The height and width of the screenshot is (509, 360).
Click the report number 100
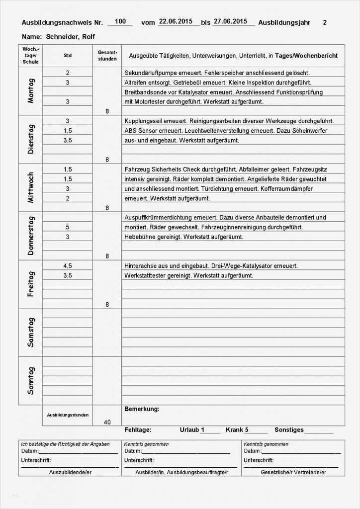(120, 21)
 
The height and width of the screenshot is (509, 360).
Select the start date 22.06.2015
(176, 21)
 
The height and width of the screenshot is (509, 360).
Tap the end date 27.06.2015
(230, 21)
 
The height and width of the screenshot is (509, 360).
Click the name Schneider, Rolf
(70, 37)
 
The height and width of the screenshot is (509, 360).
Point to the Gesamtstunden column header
(107, 56)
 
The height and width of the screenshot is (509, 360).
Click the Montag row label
(31, 91)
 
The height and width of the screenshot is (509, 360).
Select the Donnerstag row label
(31, 236)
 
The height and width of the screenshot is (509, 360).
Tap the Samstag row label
(31, 332)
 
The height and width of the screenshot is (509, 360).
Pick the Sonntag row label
(31, 380)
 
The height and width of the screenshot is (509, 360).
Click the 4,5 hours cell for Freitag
(68, 266)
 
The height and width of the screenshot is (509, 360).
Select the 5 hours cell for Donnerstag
(68, 227)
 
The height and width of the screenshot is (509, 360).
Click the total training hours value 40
(107, 422)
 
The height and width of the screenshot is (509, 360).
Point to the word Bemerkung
(142, 409)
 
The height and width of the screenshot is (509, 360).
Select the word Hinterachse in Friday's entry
(141, 266)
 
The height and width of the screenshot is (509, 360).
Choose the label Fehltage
(138, 430)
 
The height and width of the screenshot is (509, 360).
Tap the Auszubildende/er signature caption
(70, 472)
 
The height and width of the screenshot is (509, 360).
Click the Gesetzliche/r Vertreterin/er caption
(293, 472)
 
